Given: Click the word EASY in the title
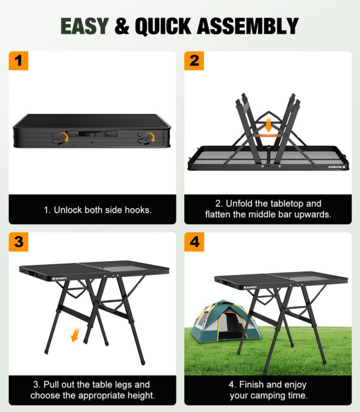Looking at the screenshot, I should click(85, 26).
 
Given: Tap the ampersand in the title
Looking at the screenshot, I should click(122, 26).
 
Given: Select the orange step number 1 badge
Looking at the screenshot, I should click(19, 61).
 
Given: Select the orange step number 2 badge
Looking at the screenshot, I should click(194, 61).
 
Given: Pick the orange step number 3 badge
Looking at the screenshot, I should click(19, 242).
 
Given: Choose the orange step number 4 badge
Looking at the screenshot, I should click(194, 242).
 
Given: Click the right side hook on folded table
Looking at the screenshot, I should click(145, 139).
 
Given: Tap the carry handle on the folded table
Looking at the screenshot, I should click(91, 132).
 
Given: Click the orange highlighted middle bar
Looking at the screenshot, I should click(269, 136).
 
